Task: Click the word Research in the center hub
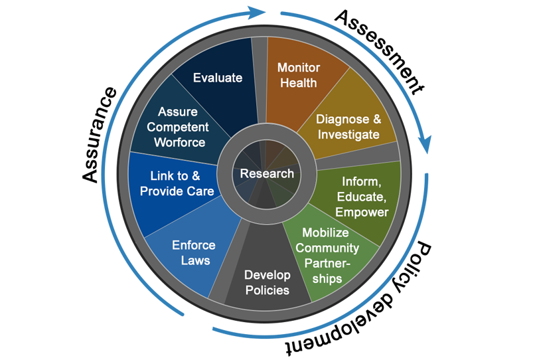[267, 173]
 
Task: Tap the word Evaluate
[218, 78]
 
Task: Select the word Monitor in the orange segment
[299, 68]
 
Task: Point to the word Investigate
[348, 134]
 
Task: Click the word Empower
[362, 212]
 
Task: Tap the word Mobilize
[326, 232]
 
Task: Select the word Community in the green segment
[327, 248]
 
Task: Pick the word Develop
[267, 275]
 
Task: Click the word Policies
[267, 290]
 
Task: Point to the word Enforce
[194, 245]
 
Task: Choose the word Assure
[178, 112]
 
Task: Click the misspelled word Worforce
[179, 142]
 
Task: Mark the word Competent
[178, 127]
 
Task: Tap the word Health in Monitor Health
[299, 83]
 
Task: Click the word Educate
[362, 197]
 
